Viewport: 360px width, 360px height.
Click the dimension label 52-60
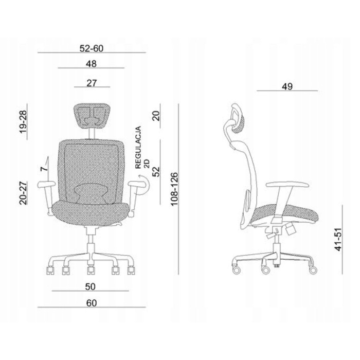pos(92,48)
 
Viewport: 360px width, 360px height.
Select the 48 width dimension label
pos(91,64)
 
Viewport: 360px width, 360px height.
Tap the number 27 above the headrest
pos(92,83)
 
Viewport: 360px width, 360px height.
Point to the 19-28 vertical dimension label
pos(23,122)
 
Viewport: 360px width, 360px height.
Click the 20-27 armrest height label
pos(23,193)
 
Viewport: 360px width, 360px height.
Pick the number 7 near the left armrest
pos(44,169)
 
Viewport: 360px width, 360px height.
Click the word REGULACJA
pos(138,148)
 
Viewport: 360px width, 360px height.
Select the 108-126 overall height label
pos(174,189)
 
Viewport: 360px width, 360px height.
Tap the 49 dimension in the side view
pos(287,86)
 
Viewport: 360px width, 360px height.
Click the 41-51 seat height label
pos(338,240)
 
